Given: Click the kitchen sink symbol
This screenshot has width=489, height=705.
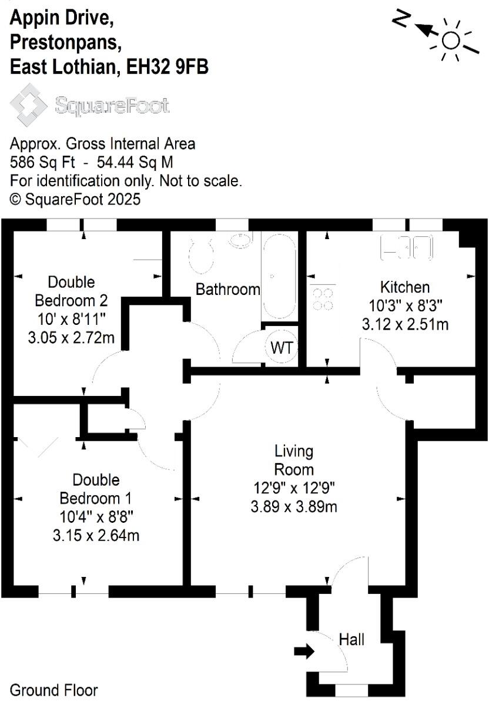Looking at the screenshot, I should tap(408, 246).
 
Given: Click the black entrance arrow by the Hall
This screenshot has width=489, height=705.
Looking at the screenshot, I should tap(304, 650).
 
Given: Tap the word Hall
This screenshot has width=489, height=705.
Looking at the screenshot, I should tap(352, 639).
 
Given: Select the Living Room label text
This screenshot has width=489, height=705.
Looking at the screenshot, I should tap(294, 460).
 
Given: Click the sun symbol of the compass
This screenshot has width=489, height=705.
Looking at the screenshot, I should tap(451, 40).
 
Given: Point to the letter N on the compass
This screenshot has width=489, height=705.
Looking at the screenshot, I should tap(401, 19).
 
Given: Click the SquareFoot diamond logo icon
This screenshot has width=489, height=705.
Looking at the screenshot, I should tap(29, 105).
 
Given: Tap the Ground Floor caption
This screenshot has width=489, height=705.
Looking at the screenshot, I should tap(54, 690).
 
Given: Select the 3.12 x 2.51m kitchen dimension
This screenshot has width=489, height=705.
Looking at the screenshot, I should tap(406, 324).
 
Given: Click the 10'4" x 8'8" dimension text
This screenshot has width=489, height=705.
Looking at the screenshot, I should tap(96, 517).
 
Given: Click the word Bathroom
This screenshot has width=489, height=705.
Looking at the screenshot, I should tap(227, 289).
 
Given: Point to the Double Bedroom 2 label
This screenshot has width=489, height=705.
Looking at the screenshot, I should tap(71, 291).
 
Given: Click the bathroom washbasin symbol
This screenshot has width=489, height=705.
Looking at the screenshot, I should tap(240, 239).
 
